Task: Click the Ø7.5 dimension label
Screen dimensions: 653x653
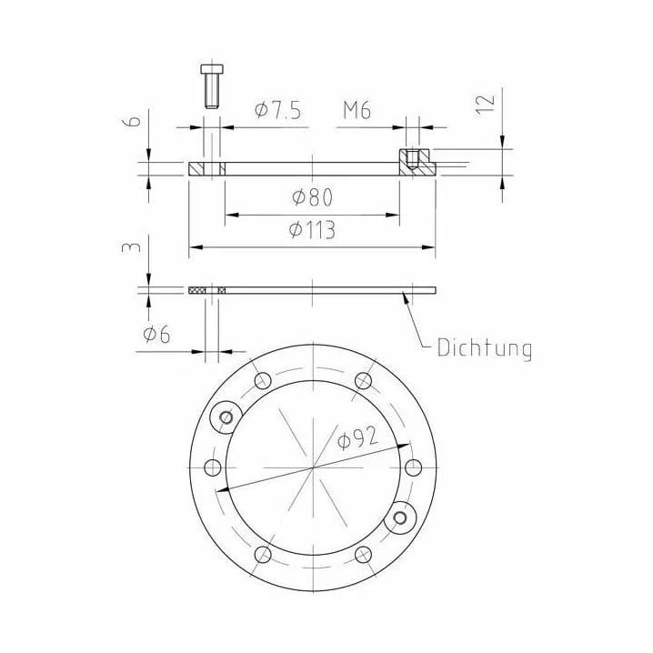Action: (x=277, y=110)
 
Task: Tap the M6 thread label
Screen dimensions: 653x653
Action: (x=357, y=110)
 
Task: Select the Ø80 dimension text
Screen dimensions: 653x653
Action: (x=312, y=197)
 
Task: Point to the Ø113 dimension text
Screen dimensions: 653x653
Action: (x=312, y=229)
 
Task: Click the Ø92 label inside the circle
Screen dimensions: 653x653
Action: (x=357, y=438)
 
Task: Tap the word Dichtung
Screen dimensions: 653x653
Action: (x=485, y=348)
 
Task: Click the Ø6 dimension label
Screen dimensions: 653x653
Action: (x=156, y=334)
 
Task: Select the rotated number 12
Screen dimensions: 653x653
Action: (x=485, y=105)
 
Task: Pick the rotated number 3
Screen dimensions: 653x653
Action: (x=132, y=248)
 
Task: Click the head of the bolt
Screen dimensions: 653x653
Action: (x=212, y=69)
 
